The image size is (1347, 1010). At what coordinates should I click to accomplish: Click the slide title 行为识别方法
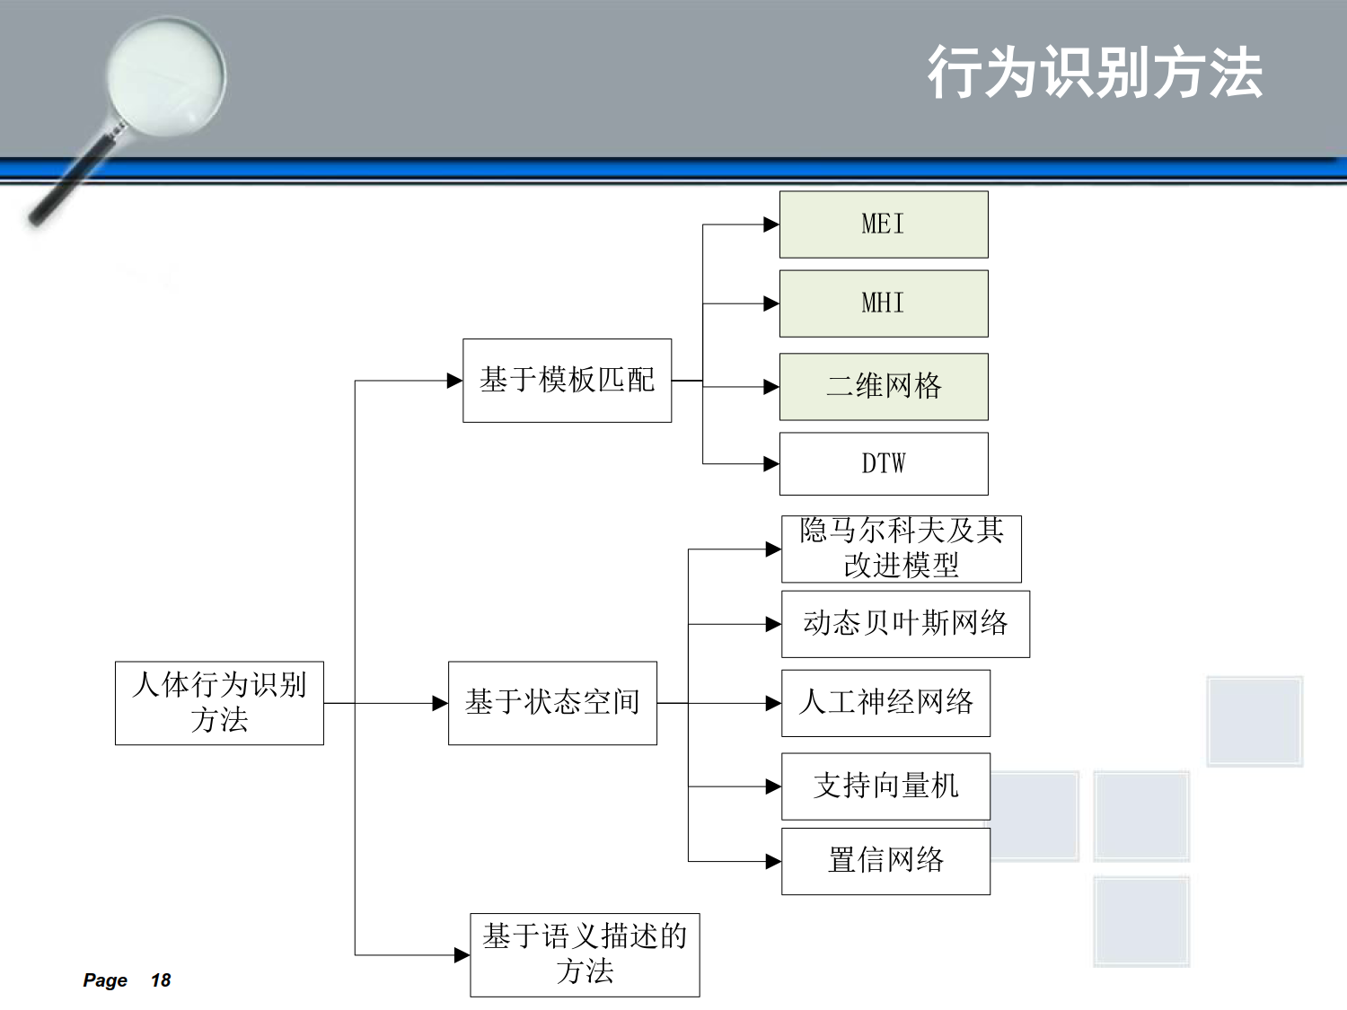tap(1095, 73)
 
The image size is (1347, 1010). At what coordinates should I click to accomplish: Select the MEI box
tap(884, 224)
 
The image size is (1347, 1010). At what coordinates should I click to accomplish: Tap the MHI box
tap(884, 303)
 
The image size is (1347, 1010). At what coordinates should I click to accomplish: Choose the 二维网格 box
tap(884, 386)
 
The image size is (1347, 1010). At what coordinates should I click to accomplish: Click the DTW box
tap(884, 463)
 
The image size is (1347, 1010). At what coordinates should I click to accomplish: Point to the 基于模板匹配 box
tap(567, 380)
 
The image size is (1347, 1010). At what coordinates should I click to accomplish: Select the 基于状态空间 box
tap(552, 703)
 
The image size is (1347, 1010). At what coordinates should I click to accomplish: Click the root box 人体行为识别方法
tap(219, 703)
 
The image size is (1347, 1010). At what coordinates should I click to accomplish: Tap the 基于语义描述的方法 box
tap(585, 955)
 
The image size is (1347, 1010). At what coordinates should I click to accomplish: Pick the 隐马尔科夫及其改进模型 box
tap(902, 549)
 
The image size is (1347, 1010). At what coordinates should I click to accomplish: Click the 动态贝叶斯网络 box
tap(906, 624)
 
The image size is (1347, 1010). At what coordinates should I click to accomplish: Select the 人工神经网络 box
tap(885, 703)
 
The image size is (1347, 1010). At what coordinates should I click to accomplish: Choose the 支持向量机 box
tap(885, 786)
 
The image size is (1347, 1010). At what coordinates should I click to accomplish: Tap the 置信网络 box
tap(885, 861)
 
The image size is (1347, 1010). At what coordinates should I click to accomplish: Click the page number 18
tap(161, 980)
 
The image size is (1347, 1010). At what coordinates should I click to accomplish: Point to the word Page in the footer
tap(105, 980)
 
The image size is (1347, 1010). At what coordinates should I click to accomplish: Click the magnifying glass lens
tap(166, 76)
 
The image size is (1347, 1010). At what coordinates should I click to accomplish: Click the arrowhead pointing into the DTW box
tap(771, 463)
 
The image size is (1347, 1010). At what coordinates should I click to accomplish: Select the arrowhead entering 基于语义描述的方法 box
tap(462, 955)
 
